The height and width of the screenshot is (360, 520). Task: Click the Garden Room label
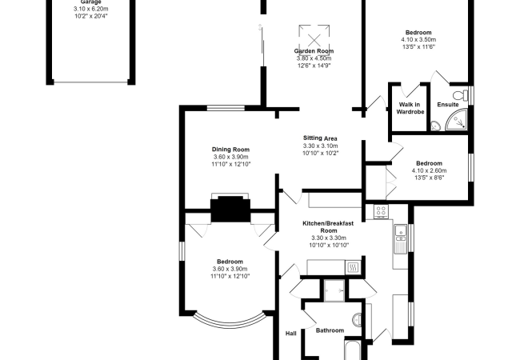coord(314,51)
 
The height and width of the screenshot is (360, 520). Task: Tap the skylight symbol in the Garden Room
coord(314,37)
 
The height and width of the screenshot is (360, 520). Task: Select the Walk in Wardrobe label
coord(410,108)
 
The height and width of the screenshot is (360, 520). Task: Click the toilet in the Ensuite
coord(461,95)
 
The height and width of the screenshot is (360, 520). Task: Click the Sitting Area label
coord(320,138)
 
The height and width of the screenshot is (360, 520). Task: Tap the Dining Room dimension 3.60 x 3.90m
coord(230,157)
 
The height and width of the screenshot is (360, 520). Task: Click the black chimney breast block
coord(230,209)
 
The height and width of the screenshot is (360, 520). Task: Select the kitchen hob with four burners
coord(381,211)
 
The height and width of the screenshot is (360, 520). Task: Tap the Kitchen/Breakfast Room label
coord(328,227)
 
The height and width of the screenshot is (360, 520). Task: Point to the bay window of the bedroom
coord(230,320)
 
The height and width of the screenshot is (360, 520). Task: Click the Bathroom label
coord(330,330)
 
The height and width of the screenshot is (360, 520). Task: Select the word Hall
coord(291,333)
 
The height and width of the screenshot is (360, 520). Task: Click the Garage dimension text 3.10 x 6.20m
coord(91,9)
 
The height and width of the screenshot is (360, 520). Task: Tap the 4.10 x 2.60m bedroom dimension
coord(429,170)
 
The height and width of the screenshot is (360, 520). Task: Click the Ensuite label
coord(448,105)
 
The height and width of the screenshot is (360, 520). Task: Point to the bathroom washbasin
coord(358,319)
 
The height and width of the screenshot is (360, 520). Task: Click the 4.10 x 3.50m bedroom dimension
coord(418,40)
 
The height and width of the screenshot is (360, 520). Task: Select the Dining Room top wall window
coord(226,108)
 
